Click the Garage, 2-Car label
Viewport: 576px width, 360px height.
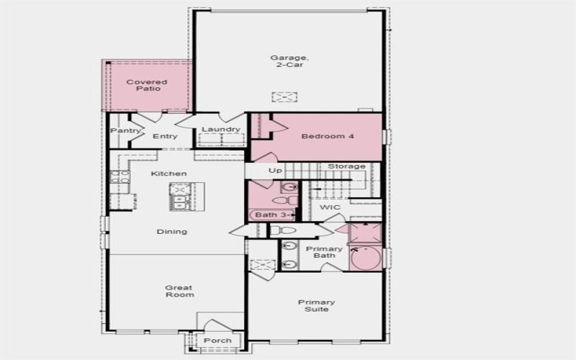tap(284, 62)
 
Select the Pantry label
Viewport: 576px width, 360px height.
tap(124, 131)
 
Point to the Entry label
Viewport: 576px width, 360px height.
tap(165, 136)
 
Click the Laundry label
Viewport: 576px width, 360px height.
tap(220, 130)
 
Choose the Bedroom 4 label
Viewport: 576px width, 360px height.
tap(327, 136)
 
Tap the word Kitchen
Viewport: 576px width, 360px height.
tap(168, 174)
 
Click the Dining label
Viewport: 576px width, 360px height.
tap(171, 231)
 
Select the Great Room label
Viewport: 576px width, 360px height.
tap(179, 290)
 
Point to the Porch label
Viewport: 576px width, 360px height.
tap(217, 341)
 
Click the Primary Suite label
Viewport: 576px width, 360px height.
tap(317, 306)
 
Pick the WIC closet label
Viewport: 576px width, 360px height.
tap(330, 207)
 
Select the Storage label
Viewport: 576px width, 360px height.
tap(346, 166)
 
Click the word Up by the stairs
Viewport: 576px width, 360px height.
tap(275, 171)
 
